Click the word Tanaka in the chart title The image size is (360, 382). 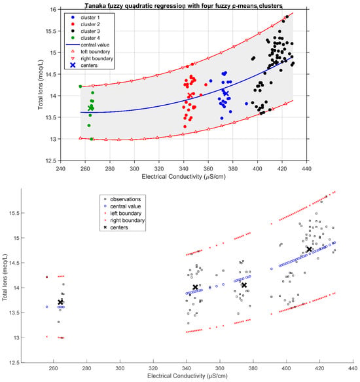94,6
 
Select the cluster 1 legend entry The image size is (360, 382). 86,18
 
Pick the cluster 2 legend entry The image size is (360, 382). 86,24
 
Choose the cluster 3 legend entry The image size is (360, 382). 86,31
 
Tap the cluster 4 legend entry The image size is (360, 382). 86,38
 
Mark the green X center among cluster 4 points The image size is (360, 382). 91,108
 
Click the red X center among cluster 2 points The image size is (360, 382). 190,96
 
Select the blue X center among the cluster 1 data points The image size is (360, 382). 226,93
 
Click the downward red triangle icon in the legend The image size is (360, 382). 73,59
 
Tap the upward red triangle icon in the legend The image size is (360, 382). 73,52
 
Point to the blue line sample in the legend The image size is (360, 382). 73,45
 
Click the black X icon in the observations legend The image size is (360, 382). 105,227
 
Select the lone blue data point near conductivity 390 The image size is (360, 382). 246,104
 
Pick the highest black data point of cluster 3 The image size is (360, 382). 287,16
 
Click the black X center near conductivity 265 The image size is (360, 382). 61,302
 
